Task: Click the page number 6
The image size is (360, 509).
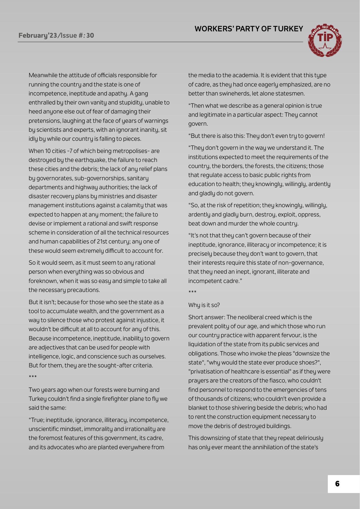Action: point(337,484)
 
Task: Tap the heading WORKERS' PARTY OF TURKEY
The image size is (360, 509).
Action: point(249,29)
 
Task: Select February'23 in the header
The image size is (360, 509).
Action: point(38,35)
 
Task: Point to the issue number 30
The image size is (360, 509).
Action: point(90,35)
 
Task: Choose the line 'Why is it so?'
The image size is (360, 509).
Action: point(204,305)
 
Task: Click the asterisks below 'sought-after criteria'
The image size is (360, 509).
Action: point(32,377)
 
